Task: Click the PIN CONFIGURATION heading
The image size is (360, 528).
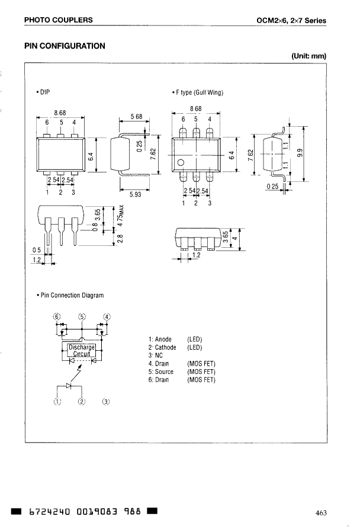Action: pyautogui.click(x=65, y=46)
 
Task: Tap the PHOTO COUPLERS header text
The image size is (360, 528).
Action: pyautogui.click(x=58, y=20)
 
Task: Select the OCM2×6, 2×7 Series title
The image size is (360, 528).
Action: pyautogui.click(x=291, y=21)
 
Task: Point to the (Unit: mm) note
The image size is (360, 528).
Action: pyautogui.click(x=308, y=56)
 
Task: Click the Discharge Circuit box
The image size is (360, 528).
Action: pyautogui.click(x=82, y=350)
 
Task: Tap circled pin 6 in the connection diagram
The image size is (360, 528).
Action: pyautogui.click(x=57, y=316)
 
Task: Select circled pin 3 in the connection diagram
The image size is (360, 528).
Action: pyautogui.click(x=106, y=402)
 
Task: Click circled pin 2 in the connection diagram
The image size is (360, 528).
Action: pyautogui.click(x=82, y=402)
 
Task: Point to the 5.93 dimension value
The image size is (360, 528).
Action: pyautogui.click(x=136, y=193)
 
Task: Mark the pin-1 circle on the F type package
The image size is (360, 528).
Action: pyautogui.click(x=181, y=163)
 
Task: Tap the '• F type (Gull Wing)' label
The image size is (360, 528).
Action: pyautogui.click(x=198, y=92)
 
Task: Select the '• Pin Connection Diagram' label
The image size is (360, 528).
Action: pyautogui.click(x=70, y=295)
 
